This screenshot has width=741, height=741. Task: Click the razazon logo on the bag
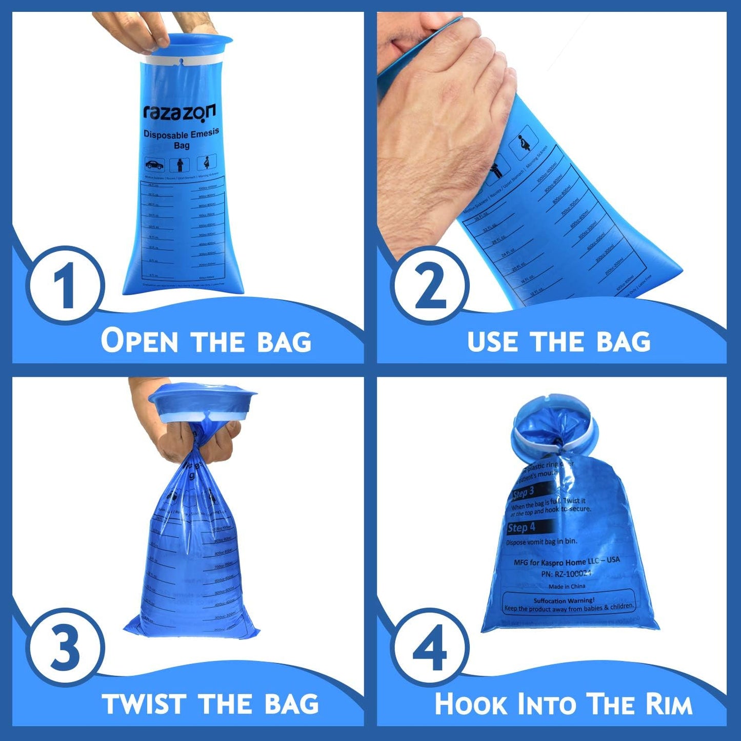click(x=179, y=111)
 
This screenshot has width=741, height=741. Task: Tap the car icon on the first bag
click(x=154, y=165)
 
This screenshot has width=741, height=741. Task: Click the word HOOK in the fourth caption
click(x=471, y=704)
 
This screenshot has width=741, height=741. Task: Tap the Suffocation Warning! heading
click(x=564, y=600)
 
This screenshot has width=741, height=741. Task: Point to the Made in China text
click(x=567, y=586)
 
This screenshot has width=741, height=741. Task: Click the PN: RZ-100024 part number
click(x=566, y=574)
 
